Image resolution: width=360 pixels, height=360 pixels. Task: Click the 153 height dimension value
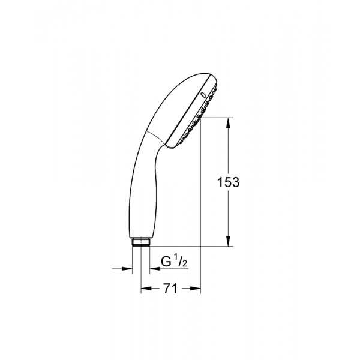pos(229,182)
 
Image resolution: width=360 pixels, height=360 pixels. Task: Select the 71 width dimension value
pos(170,289)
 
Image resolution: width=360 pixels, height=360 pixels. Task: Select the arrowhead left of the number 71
pos(145,290)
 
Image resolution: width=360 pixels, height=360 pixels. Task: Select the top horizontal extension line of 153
pos(216,118)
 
